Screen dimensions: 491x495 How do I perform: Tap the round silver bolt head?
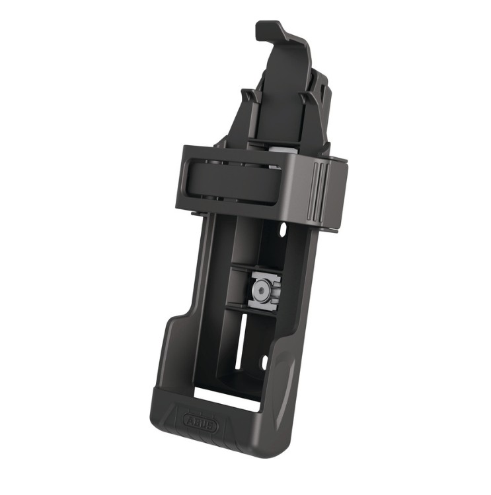pos(261,290)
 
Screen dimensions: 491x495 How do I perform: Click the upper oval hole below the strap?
pos(283,230)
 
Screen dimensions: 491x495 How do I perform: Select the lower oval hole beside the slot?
pos(264,363)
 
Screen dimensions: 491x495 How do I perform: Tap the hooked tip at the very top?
pos(269,29)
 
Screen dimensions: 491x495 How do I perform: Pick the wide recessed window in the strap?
pos(235,184)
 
